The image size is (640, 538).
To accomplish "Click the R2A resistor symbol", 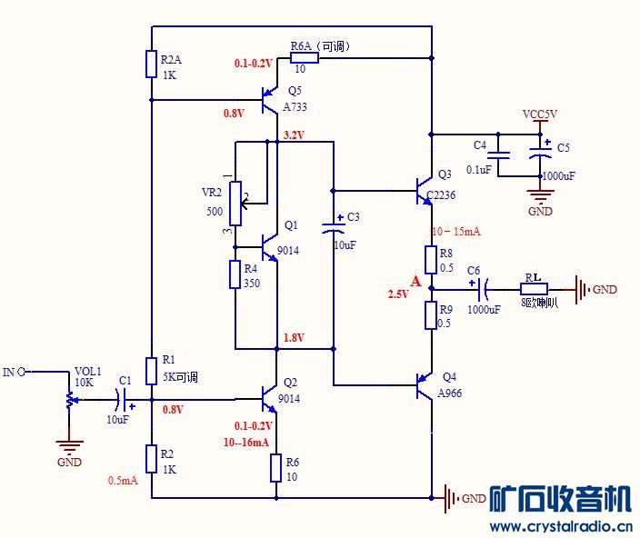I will tap(151, 65).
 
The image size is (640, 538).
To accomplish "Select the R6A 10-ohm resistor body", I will tap(304, 58).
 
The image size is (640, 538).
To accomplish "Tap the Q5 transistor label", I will tap(294, 91).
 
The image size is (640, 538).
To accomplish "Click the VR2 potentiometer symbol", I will tap(235, 203).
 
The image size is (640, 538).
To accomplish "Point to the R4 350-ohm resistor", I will tap(235, 275).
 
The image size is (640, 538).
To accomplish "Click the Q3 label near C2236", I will tap(445, 174).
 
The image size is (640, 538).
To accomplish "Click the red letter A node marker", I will tap(415, 282).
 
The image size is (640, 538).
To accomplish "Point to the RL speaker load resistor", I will tap(534, 290).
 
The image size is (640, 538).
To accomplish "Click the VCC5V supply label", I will tap(540, 115).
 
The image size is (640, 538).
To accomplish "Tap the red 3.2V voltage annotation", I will tap(294, 135).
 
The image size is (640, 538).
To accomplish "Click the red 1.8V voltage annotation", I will tap(294, 338).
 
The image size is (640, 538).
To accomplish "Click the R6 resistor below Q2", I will tap(276, 468).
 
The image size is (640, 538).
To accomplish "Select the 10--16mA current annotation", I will tap(245, 443).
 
